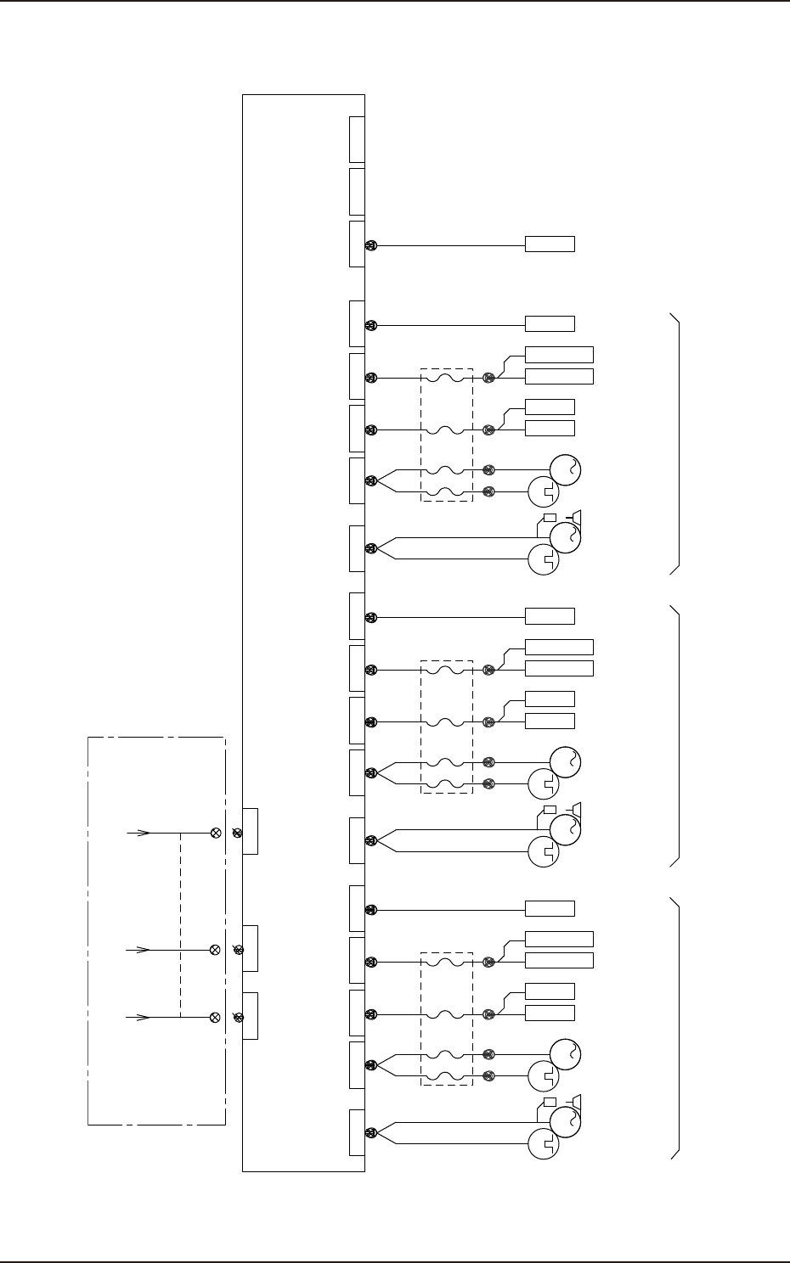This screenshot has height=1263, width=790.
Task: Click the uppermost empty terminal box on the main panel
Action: (x=357, y=139)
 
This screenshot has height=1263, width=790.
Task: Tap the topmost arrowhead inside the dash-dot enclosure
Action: (x=144, y=833)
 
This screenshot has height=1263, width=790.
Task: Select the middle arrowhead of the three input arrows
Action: (x=144, y=950)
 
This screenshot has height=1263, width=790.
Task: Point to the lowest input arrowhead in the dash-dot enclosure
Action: (x=144, y=1016)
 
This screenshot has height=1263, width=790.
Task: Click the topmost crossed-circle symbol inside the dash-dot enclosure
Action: (x=215, y=833)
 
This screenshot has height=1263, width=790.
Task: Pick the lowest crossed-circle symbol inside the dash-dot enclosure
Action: (x=215, y=1016)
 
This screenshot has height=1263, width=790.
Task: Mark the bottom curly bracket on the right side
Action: (x=676, y=1027)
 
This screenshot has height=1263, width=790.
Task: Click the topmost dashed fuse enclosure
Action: (x=446, y=434)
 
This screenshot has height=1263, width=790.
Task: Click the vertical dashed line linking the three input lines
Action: (x=180, y=924)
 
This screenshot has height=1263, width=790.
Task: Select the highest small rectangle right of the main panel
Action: (x=550, y=244)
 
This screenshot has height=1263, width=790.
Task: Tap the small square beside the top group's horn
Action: (x=549, y=517)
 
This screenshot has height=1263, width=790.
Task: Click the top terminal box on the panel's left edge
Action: (x=250, y=832)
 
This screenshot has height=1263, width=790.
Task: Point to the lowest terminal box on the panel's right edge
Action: (x=357, y=1131)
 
